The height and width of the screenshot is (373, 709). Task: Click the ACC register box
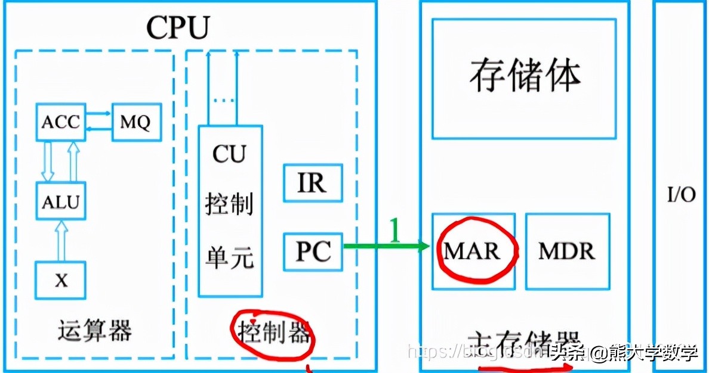coord(60,122)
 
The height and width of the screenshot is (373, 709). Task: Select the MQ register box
coord(136,123)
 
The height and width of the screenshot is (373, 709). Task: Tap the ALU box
coord(60,202)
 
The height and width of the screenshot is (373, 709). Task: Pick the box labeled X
coord(60,280)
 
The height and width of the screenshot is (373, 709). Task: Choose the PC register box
coord(313,252)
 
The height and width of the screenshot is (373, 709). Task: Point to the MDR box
coord(567,251)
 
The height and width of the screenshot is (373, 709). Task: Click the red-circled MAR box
coord(471,251)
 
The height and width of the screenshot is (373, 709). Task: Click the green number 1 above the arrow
coord(394,229)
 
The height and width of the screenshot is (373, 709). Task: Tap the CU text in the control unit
coord(229,154)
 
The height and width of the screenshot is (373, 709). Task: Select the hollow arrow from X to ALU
coord(60,241)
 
